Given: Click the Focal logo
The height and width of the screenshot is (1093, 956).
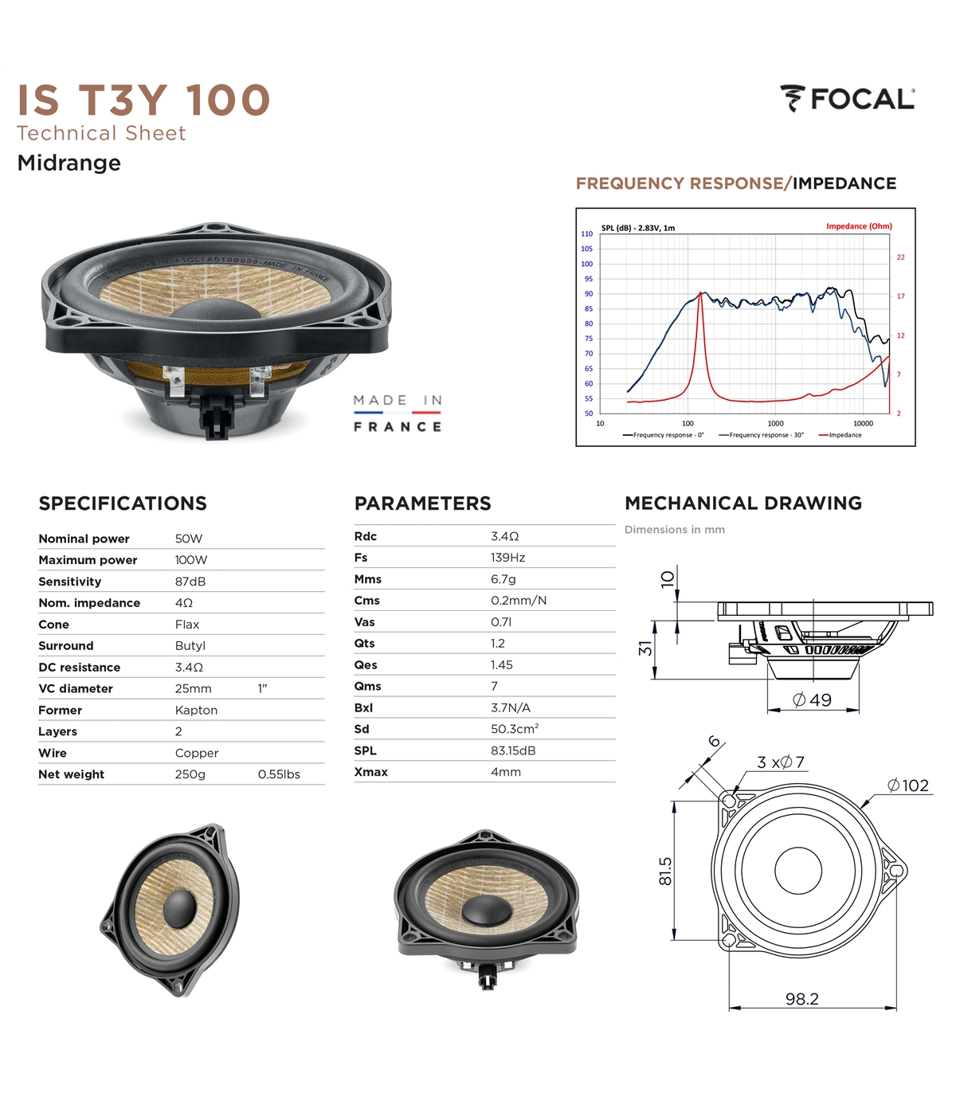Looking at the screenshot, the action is click(x=847, y=99).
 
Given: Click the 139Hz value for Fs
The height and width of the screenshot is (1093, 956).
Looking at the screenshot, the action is click(x=508, y=558).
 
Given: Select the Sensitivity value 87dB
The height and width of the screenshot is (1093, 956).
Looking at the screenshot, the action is click(x=190, y=582).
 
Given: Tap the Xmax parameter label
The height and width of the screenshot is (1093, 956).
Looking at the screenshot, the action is click(x=370, y=772).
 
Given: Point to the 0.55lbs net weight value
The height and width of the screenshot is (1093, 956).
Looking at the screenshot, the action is click(x=279, y=774).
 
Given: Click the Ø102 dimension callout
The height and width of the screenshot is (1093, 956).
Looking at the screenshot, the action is click(x=908, y=785).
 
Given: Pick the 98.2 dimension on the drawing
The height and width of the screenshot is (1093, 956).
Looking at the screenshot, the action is click(x=801, y=999).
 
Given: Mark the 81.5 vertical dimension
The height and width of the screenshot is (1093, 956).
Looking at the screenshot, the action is click(x=665, y=872).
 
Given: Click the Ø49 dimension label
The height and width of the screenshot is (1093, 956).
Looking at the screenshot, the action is click(x=812, y=699).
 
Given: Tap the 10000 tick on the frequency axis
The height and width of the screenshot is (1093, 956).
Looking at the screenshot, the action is click(x=863, y=424).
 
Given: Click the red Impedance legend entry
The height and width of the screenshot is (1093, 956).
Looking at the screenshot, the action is click(x=840, y=435).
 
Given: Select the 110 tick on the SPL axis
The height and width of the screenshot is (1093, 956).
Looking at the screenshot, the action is click(x=586, y=234).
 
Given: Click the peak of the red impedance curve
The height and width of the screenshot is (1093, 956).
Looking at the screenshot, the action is click(x=701, y=292).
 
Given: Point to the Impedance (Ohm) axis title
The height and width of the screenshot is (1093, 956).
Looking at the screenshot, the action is click(x=859, y=226).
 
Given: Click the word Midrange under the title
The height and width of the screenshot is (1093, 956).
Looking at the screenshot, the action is click(x=69, y=163).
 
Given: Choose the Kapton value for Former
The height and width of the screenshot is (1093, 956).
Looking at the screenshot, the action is click(x=196, y=710).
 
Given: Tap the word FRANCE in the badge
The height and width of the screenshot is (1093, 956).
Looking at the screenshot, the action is click(x=398, y=427).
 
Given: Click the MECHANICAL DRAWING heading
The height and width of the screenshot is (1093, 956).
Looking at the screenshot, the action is click(x=743, y=503).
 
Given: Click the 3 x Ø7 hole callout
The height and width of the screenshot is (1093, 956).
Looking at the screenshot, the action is click(x=780, y=762).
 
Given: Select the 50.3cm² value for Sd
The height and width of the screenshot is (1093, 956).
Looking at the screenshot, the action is click(x=515, y=729).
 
